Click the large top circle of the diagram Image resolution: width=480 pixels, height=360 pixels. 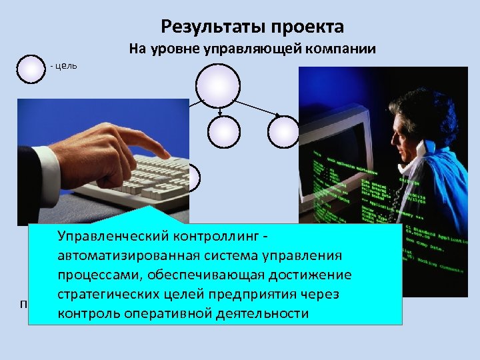click(217, 83)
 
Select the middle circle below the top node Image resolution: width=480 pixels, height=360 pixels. click(223, 131)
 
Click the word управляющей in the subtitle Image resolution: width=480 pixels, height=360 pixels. click(253, 49)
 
